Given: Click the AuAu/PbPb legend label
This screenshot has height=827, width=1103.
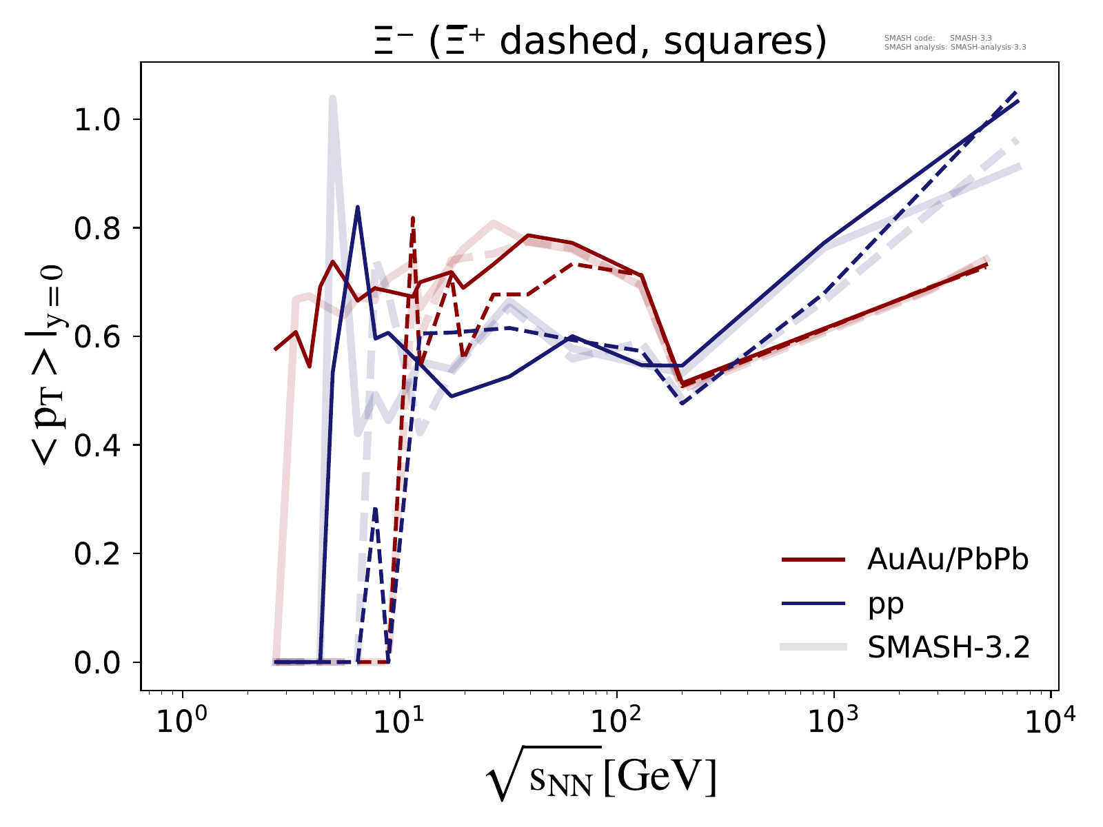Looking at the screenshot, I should [948, 560].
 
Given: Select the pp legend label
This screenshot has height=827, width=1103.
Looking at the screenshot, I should [885, 604].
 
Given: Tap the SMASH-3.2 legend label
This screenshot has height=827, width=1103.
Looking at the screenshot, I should [949, 647].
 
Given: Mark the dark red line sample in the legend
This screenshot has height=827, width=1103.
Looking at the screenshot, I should [813, 560].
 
